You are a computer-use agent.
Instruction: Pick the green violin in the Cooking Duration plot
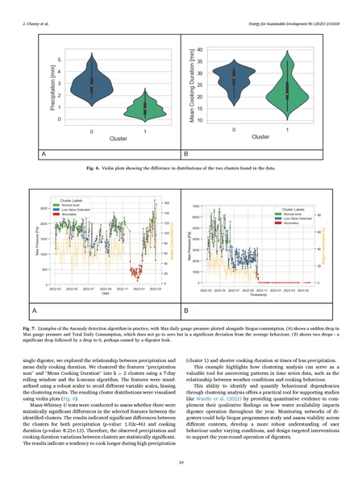[285, 88]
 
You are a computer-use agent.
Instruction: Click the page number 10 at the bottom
[181, 463]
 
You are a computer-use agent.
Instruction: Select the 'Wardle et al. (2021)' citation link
[209, 399]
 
